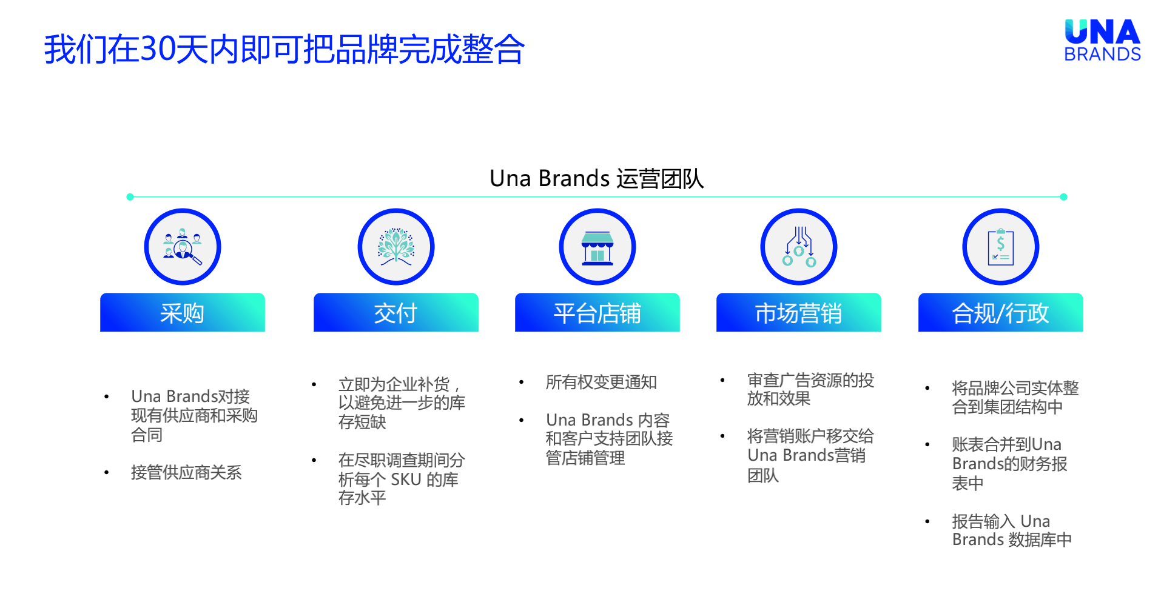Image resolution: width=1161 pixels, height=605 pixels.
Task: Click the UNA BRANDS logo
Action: pyautogui.click(x=1102, y=40)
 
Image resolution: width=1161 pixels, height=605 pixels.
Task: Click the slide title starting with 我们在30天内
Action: pyautogui.click(x=284, y=49)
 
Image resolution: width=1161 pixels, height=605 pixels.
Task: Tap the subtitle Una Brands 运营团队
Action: pyautogui.click(x=596, y=179)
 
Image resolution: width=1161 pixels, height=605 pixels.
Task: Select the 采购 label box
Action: pyautogui.click(x=183, y=313)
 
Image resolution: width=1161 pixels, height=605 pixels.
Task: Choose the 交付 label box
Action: pyautogui.click(x=396, y=313)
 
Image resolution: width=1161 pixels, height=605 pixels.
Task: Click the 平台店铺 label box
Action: pyautogui.click(x=597, y=313)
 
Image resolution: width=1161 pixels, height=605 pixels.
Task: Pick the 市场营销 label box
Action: pyautogui.click(x=799, y=313)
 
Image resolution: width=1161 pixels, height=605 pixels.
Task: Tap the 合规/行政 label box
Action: pyautogui.click(x=1001, y=313)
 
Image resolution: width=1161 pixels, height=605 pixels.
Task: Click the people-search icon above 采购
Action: pyautogui.click(x=183, y=247)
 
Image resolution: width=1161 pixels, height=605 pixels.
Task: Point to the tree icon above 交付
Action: pyautogui.click(x=396, y=247)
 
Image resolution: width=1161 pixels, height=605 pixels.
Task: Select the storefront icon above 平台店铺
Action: pyautogui.click(x=597, y=247)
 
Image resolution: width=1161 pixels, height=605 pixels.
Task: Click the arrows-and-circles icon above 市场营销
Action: pyautogui.click(x=799, y=247)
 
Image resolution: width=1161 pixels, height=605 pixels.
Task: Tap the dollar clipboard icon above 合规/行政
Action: pyautogui.click(x=1001, y=247)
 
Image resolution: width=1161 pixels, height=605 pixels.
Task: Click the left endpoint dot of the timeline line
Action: pyautogui.click(x=130, y=197)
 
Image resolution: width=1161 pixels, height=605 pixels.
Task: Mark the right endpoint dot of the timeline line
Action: pyautogui.click(x=1063, y=197)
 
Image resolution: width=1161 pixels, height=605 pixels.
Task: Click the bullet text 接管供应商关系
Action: pyautogui.click(x=186, y=473)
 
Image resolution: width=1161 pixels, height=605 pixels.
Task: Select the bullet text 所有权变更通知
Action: pyautogui.click(x=601, y=383)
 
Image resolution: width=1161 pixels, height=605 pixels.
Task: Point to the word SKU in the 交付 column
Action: pyautogui.click(x=406, y=480)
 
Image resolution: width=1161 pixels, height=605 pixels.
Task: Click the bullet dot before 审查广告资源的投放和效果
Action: pyautogui.click(x=722, y=381)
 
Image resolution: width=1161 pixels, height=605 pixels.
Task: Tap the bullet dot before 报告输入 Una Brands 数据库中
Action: pyautogui.click(x=927, y=521)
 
